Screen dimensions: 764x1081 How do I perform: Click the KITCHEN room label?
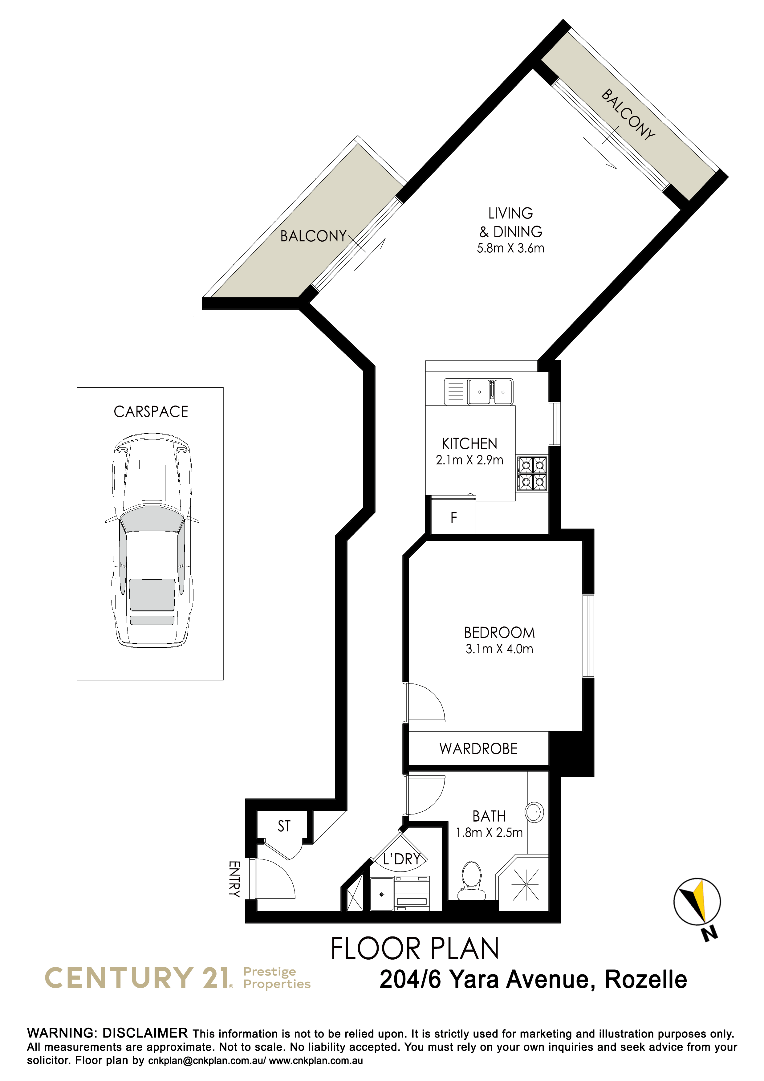pyautogui.click(x=469, y=443)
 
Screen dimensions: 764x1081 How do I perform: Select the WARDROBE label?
pyautogui.click(x=478, y=749)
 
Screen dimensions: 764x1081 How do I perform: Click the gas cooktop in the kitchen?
pyautogui.click(x=532, y=474)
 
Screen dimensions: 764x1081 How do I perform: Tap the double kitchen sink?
pyautogui.click(x=490, y=392)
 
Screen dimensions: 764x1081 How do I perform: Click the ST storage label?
pyautogui.click(x=284, y=826)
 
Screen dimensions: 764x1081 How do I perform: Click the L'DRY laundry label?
pyautogui.click(x=401, y=859)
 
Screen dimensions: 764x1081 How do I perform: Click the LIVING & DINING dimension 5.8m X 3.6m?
pyautogui.click(x=511, y=248)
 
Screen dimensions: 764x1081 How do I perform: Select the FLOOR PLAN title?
pyautogui.click(x=415, y=949)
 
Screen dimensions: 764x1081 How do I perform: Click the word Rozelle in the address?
pyautogui.click(x=646, y=980)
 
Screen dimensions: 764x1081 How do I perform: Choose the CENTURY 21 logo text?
pyautogui.click(x=138, y=978)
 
